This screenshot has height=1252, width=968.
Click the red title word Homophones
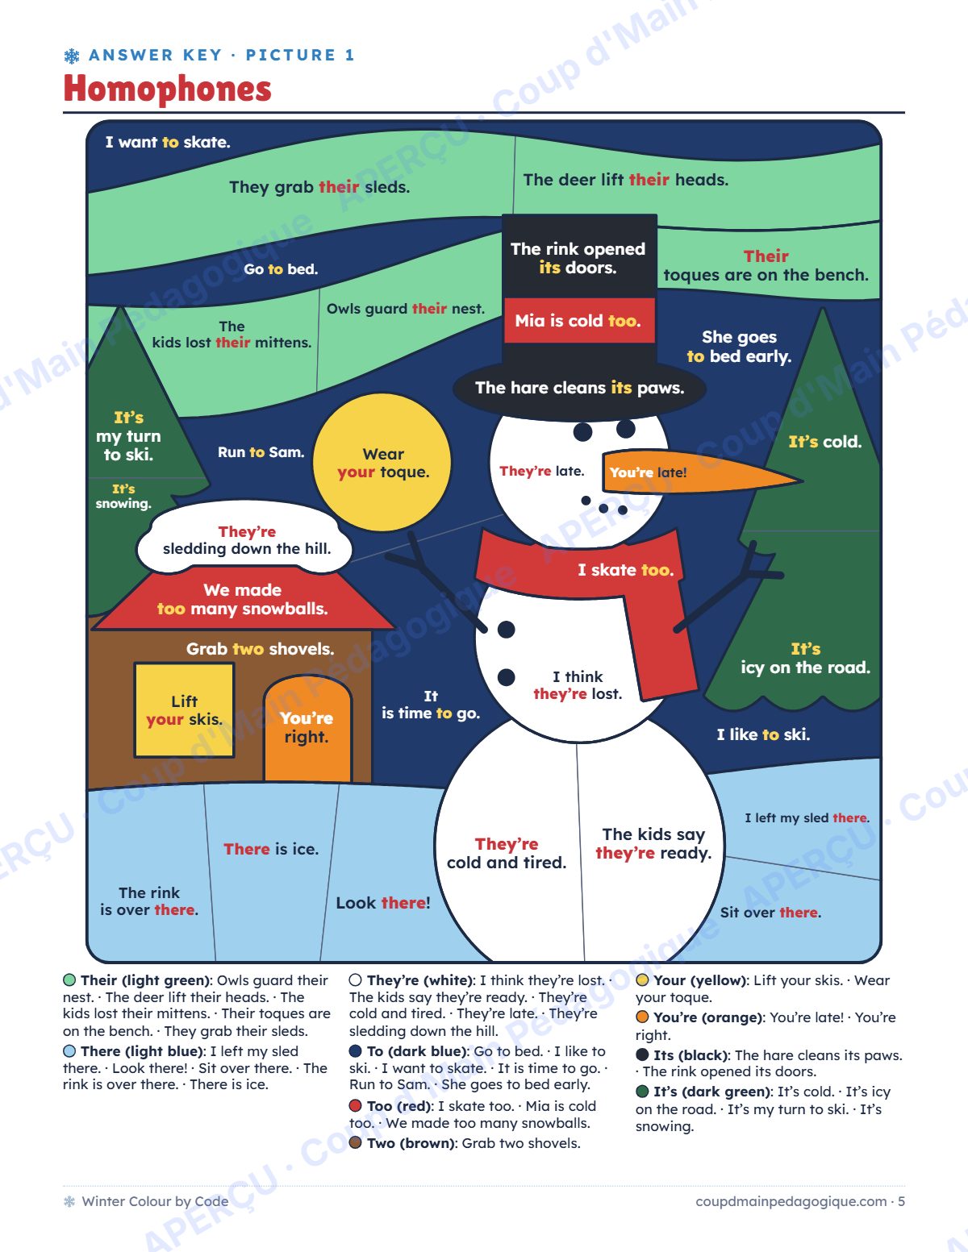[x=167, y=89]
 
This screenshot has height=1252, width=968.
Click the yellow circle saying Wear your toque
[x=382, y=462]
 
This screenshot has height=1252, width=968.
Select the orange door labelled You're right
[x=307, y=729]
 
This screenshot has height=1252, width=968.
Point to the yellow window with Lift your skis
[x=185, y=709]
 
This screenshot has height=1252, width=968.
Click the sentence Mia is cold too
[x=578, y=320]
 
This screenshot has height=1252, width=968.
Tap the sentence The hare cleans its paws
[x=579, y=388]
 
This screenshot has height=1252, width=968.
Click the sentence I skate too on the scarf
[x=626, y=570]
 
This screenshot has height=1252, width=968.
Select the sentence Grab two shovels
[x=260, y=649]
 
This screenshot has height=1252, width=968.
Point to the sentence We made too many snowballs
[x=242, y=599]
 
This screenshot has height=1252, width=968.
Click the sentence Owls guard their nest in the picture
[x=406, y=309]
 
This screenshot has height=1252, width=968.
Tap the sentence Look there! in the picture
[x=383, y=902]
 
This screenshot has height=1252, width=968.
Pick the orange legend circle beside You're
[x=642, y=1017]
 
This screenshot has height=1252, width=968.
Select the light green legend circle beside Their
[x=69, y=980]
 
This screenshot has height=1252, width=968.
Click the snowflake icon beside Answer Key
[x=72, y=56]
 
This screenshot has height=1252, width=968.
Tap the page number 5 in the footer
[x=901, y=1201]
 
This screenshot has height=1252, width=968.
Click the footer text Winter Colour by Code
[x=155, y=1201]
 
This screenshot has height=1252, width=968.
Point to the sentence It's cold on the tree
[x=825, y=442]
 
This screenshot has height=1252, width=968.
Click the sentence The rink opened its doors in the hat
[x=578, y=258]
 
